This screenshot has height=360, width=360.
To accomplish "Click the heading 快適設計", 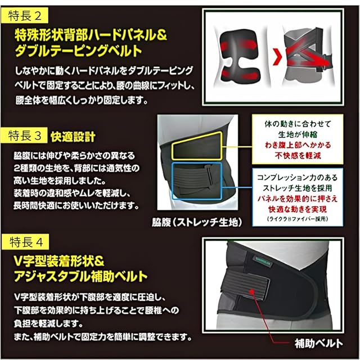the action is (x=73, y=136).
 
